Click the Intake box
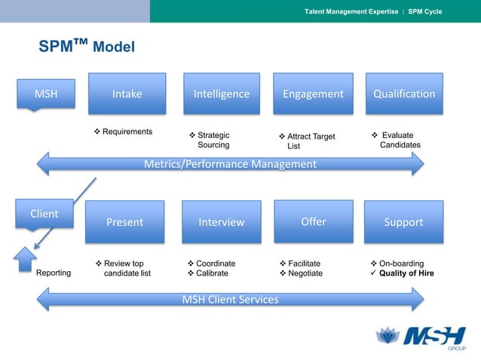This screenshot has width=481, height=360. [x=127, y=94]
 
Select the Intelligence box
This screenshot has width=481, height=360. [x=222, y=94]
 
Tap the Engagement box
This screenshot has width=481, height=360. [x=313, y=94]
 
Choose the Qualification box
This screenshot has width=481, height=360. [x=404, y=94]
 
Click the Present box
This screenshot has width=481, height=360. [x=124, y=222]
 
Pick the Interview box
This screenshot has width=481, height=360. [x=222, y=222]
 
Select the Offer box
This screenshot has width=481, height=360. [x=314, y=221]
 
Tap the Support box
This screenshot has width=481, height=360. [x=404, y=222]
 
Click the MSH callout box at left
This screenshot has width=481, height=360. [x=46, y=94]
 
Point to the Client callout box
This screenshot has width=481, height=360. [x=44, y=215]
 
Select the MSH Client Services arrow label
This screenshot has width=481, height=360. [x=231, y=300]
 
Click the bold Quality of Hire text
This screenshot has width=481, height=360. [x=406, y=273]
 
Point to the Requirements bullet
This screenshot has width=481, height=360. [x=124, y=132]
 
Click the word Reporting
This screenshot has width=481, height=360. [x=54, y=273]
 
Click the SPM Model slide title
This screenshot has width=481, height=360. [x=87, y=47]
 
